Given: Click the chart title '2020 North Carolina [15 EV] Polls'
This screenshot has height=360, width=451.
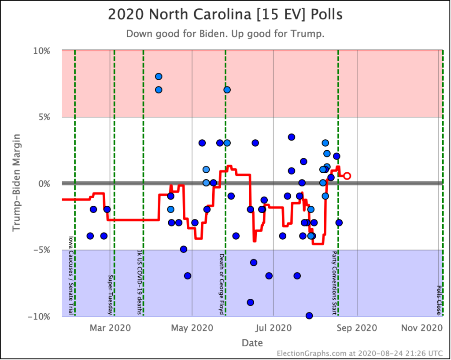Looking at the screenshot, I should point(225,15).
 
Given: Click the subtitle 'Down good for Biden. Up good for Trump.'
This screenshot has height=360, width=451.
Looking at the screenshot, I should point(225,34).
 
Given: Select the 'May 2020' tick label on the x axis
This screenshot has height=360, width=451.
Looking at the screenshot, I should point(192,328).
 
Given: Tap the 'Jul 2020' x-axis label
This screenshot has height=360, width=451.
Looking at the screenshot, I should point(274,328).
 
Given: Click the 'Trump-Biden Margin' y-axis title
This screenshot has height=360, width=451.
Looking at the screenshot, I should point(17,183).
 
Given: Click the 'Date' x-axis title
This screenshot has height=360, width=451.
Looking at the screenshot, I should point(252,343).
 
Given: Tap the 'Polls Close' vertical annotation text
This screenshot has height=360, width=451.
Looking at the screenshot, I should point(439,300).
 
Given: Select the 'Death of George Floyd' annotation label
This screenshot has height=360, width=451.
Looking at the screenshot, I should point(222,284).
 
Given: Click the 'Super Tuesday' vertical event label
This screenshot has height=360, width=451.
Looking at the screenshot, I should point(110,295).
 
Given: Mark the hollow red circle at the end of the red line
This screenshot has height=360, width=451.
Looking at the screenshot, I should point(347,176).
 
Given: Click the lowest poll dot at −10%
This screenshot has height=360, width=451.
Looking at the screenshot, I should point(309,315).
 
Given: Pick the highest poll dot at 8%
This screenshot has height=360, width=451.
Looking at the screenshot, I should point(159,77).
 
